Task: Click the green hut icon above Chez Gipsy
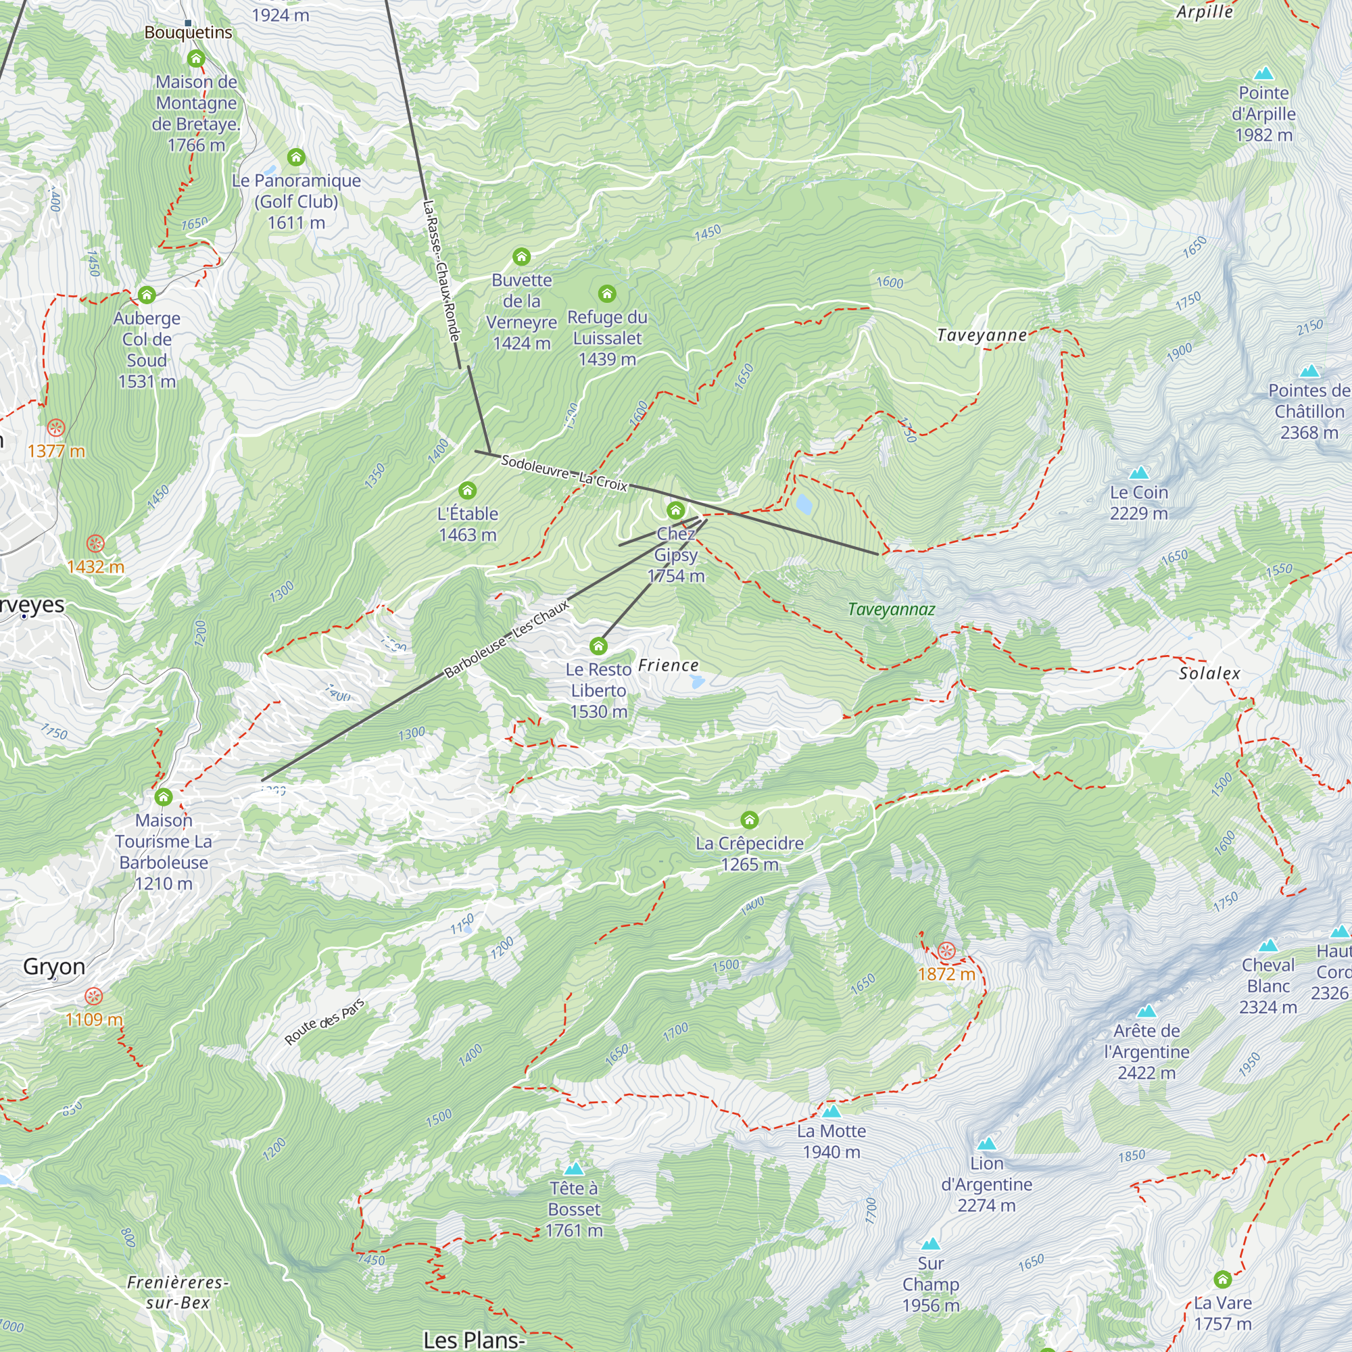tap(675, 510)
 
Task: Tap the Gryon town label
tap(54, 967)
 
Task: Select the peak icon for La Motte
tap(831, 1111)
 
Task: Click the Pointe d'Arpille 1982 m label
tap(1263, 114)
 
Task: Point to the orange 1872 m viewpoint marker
tap(946, 950)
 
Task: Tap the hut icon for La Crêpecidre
tap(750, 819)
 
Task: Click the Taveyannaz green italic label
tap(891, 610)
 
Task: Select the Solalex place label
tap(1209, 673)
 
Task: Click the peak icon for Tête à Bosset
tap(574, 1169)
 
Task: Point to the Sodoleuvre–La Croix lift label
tap(564, 473)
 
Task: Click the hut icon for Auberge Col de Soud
tap(146, 295)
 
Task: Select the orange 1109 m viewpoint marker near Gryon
tap(94, 996)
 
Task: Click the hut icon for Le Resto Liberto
tap(598, 645)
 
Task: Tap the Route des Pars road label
tap(324, 1022)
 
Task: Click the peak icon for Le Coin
tap(1139, 473)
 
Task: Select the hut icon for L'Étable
tap(468, 491)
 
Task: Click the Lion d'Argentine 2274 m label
tap(986, 1184)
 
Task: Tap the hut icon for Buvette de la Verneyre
tap(521, 257)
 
